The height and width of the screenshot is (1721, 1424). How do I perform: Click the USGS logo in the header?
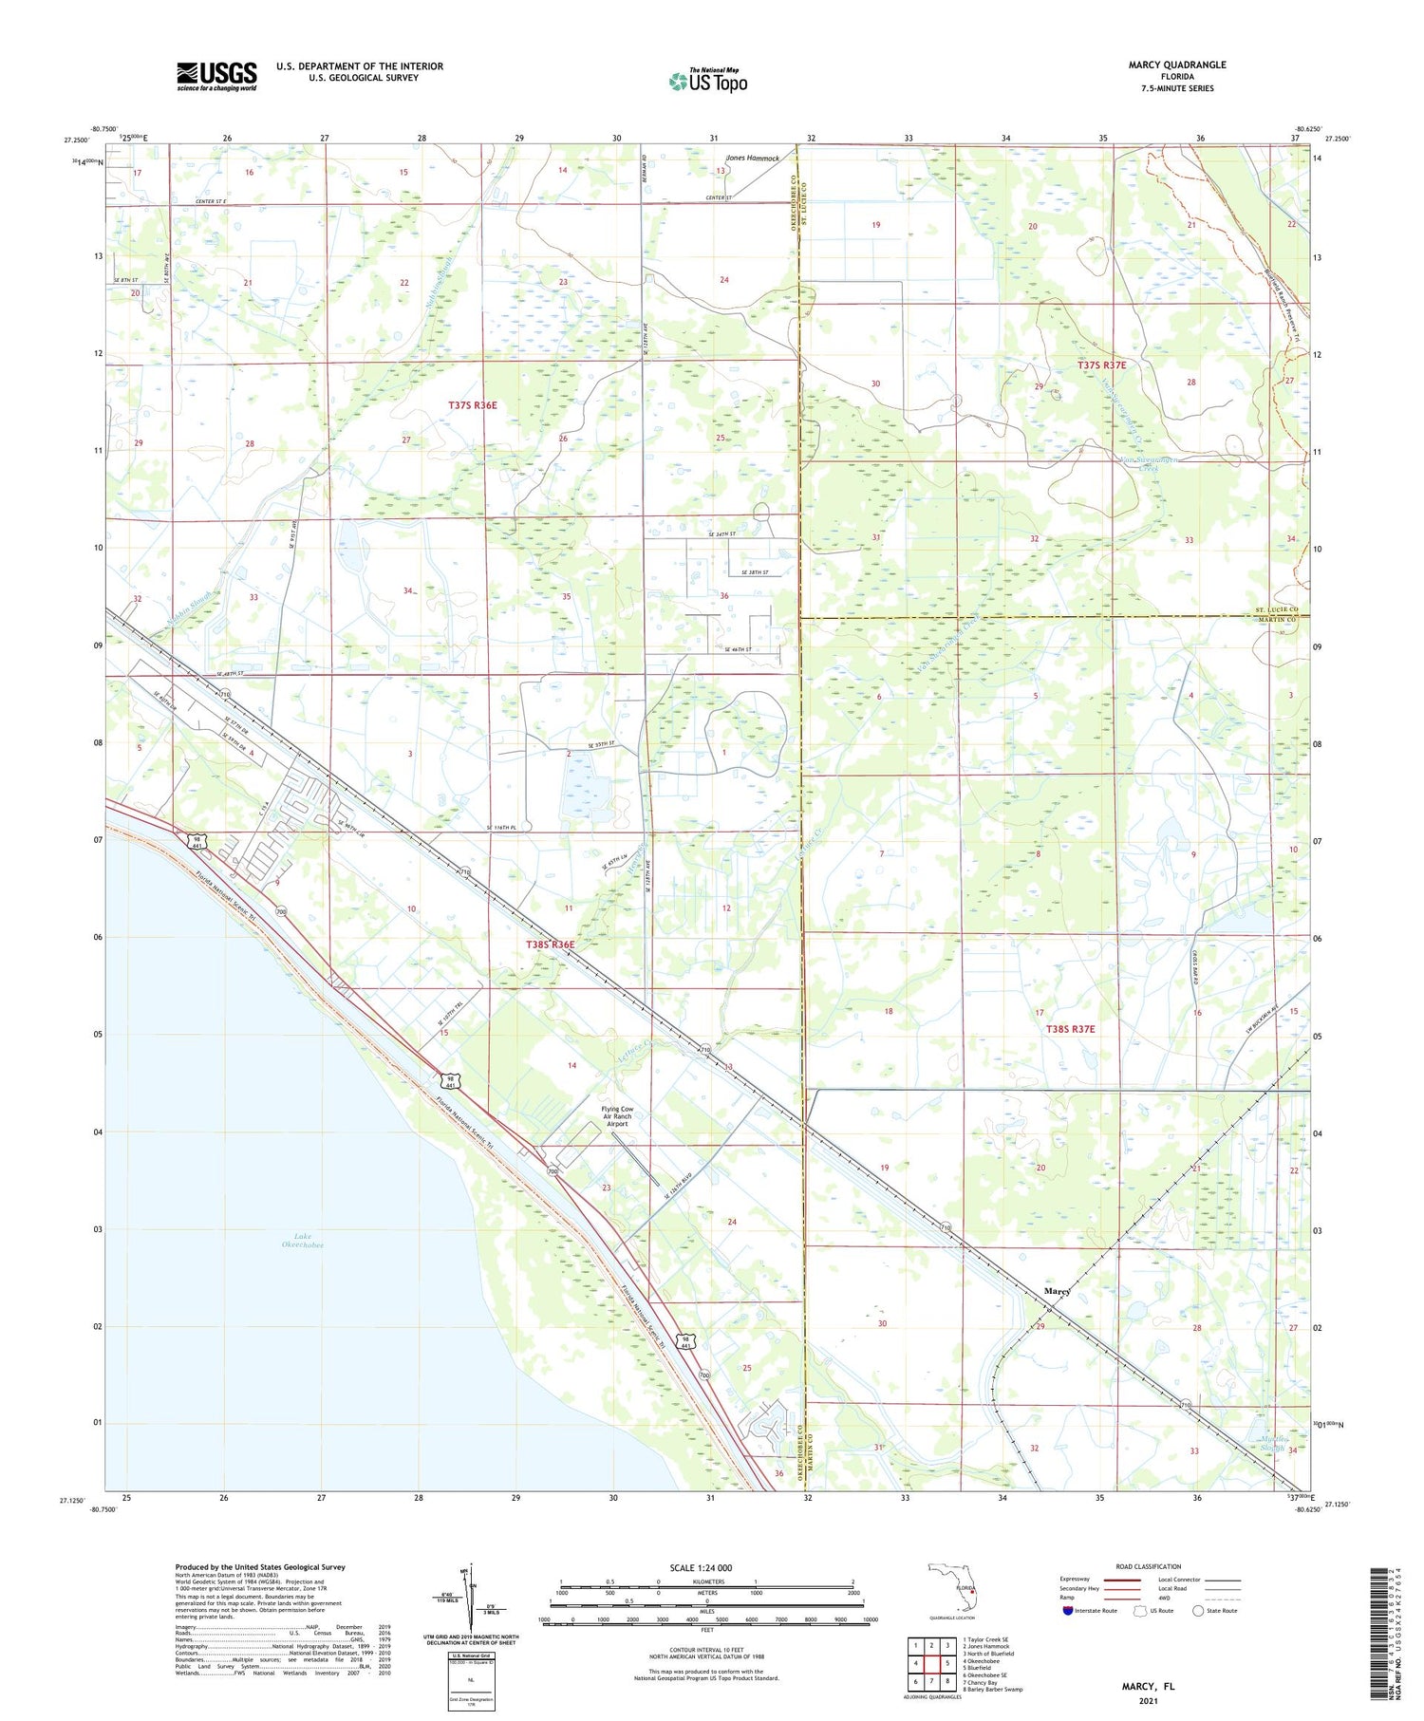216,76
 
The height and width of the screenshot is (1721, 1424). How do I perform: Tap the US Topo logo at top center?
708,81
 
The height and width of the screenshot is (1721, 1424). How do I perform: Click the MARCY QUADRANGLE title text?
1176,65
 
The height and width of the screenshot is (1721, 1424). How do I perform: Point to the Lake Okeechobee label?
303,1240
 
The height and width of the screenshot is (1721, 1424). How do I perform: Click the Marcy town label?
1057,1291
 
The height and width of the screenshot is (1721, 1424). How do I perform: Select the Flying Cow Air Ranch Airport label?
616,1116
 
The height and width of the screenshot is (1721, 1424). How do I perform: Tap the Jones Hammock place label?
752,159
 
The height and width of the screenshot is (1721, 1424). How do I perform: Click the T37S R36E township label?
472,405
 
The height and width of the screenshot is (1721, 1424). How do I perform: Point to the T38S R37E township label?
1070,1029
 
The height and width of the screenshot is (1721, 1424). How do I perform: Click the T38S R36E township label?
550,945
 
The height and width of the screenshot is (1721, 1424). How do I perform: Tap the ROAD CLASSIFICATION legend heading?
1149,1566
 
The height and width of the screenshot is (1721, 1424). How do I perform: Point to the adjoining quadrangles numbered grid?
930,1662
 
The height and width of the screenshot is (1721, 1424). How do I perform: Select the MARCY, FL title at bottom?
1148,1686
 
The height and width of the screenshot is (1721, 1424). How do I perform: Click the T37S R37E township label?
1101,365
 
